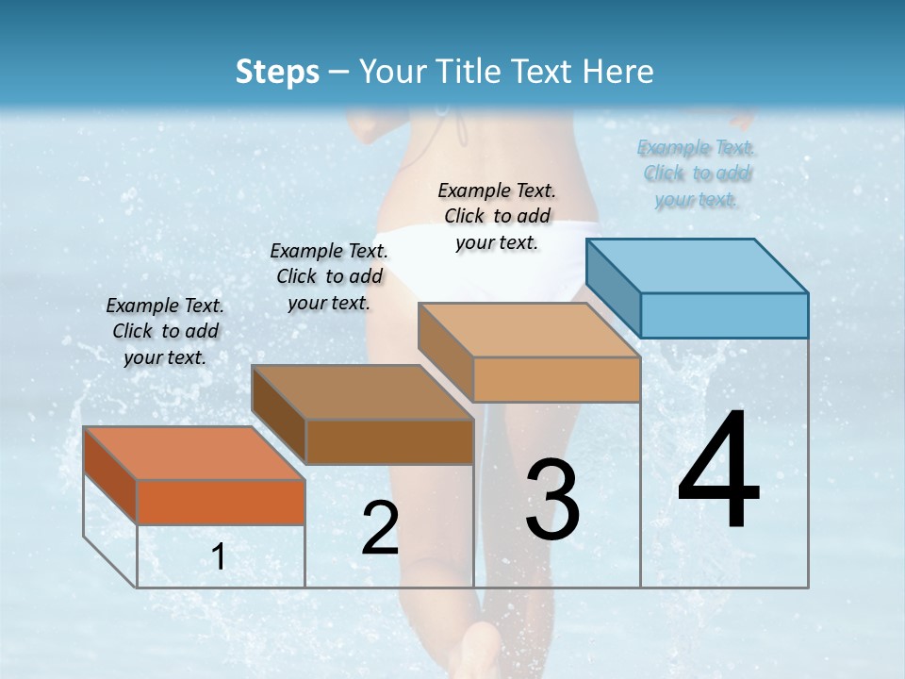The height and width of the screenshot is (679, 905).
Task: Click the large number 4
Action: (719, 472)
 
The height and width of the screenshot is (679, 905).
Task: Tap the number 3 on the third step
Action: (552, 500)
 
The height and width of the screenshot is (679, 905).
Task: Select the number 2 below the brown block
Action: (380, 528)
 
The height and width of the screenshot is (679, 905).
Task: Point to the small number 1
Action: (219, 557)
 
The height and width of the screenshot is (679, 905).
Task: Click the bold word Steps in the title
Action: (277, 72)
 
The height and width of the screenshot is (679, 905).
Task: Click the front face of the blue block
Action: (724, 315)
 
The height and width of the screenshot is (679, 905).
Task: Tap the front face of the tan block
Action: (556, 380)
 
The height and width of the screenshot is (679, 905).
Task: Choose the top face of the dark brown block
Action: (362, 392)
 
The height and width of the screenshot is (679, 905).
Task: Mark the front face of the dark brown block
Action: (389, 441)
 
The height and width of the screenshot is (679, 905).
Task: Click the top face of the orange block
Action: (194, 454)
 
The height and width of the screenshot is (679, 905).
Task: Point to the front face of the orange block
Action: (221, 502)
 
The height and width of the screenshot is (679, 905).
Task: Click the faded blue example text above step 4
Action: (697, 174)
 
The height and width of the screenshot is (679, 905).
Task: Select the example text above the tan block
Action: (497, 216)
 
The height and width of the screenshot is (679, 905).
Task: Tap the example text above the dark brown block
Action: (329, 276)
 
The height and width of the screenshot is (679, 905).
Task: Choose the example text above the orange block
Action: (165, 331)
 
